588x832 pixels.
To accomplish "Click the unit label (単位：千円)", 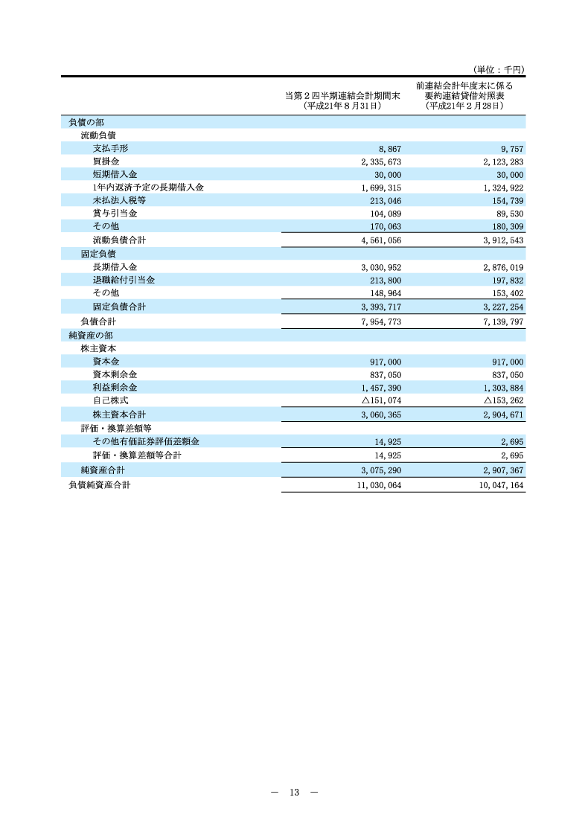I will click(x=499, y=69).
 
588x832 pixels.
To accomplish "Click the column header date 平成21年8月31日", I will click(x=342, y=106).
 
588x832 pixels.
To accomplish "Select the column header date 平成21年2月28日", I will click(x=464, y=106).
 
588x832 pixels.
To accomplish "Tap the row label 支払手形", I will click(x=110, y=148).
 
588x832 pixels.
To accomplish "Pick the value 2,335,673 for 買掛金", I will click(x=380, y=161).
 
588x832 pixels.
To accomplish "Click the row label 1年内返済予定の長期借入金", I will click(x=148, y=188).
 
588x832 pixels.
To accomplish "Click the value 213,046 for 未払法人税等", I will click(x=385, y=201).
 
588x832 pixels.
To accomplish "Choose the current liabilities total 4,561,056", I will click(x=380, y=240).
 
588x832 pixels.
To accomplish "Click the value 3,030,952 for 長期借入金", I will click(x=380, y=267).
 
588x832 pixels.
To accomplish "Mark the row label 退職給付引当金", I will click(x=124, y=280).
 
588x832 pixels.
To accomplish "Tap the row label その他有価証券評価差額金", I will click(x=146, y=441).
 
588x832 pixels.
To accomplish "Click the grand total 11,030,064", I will click(x=378, y=485).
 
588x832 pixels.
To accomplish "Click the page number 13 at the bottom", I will click(x=294, y=793).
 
